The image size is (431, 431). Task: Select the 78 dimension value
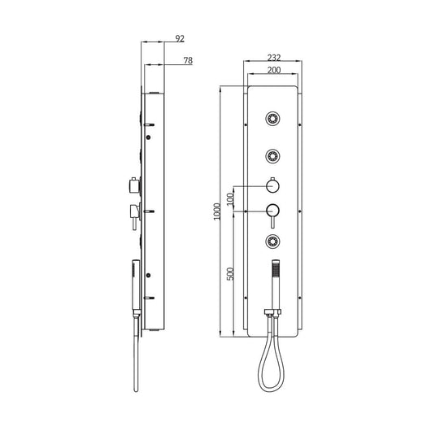188,61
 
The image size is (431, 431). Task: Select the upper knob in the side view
131,185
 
